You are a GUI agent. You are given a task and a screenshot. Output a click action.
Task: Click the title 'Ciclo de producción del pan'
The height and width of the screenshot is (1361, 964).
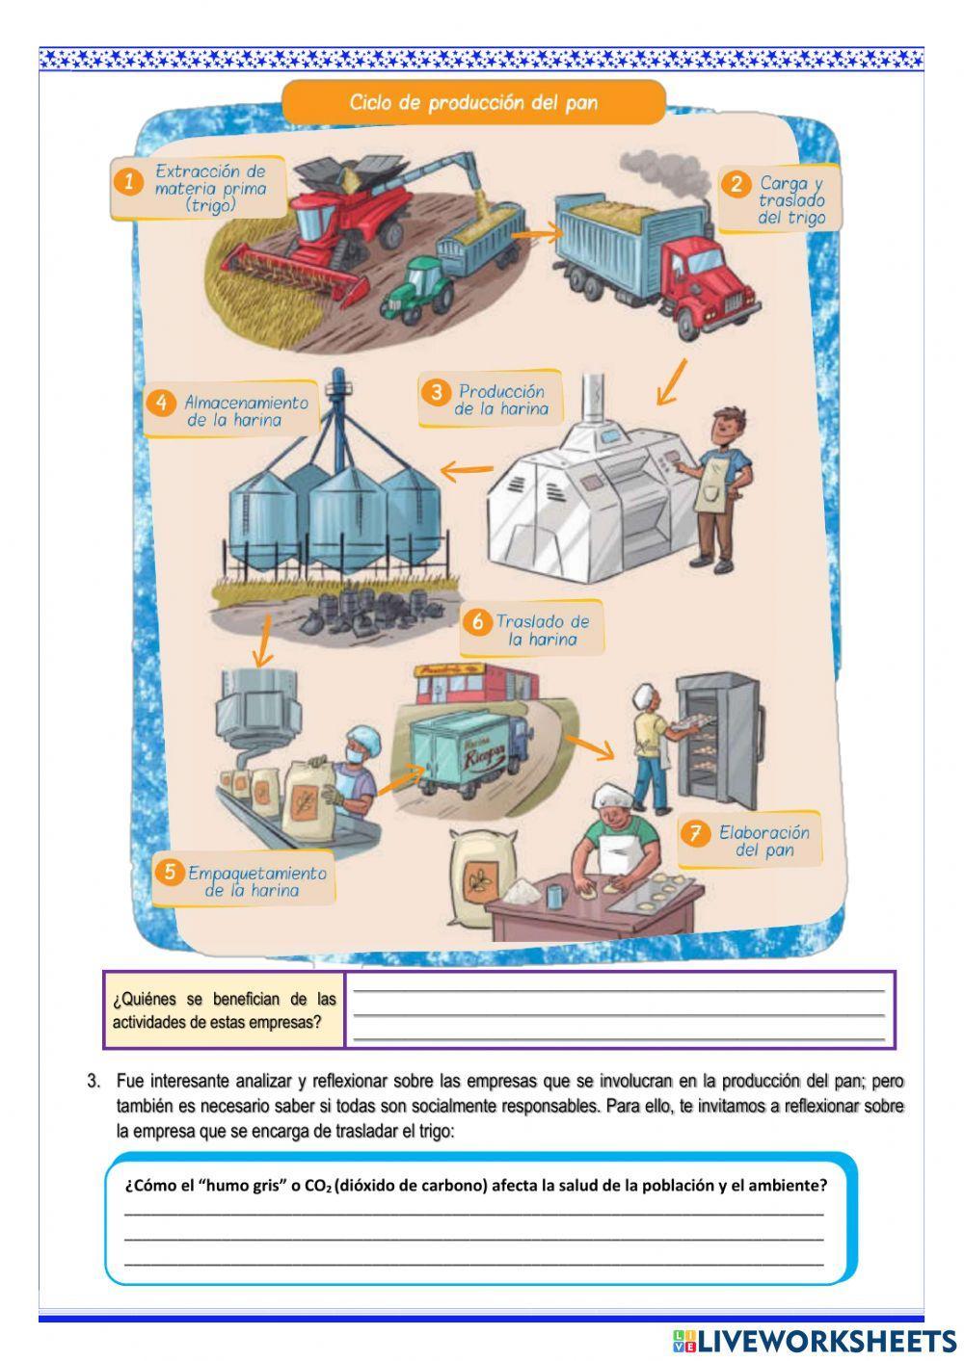[472, 103]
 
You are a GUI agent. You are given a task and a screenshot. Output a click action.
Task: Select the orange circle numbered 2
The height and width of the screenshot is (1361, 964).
[736, 184]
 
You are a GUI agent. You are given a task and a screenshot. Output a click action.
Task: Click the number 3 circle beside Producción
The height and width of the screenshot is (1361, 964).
[436, 392]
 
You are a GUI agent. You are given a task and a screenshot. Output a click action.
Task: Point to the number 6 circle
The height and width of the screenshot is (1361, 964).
[477, 622]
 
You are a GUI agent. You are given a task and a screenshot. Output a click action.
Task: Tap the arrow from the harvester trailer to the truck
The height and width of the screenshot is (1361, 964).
[537, 231]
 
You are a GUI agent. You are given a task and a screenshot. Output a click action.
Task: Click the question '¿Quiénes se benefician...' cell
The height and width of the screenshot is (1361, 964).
[224, 1010]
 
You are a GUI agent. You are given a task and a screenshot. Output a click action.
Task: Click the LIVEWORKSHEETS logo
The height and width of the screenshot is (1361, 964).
[815, 1340]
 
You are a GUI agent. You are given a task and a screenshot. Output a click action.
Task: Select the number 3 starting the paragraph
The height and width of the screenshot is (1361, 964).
[94, 1082]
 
